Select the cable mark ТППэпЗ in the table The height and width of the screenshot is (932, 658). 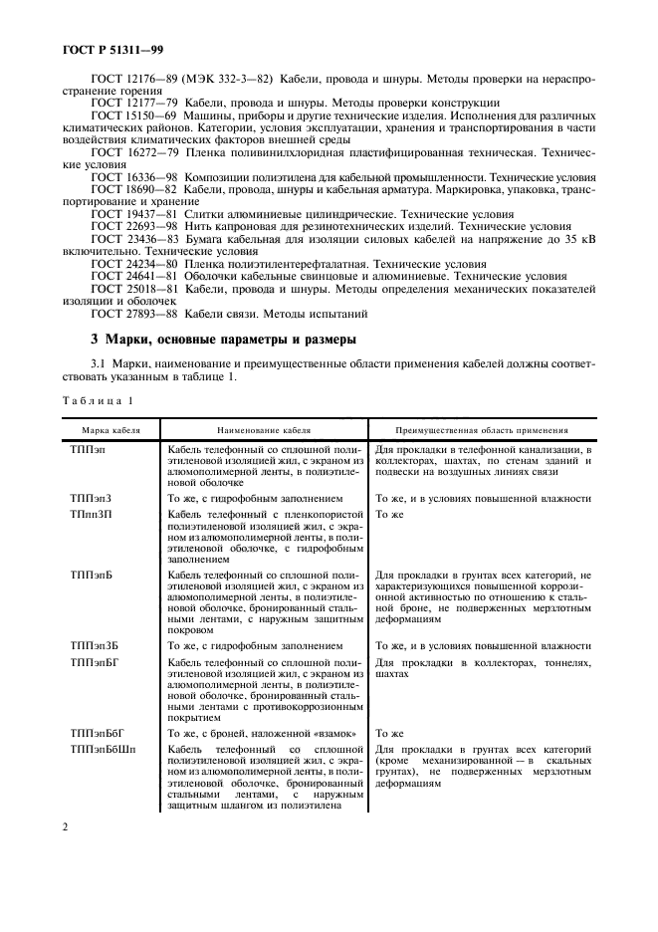click(x=91, y=497)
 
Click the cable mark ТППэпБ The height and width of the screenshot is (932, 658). click(x=91, y=576)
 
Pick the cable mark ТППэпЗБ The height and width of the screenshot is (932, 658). click(x=94, y=646)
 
